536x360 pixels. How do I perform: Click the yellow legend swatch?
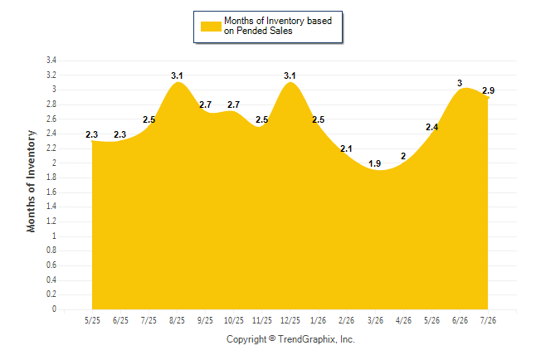211,27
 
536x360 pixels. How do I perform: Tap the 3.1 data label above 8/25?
177,75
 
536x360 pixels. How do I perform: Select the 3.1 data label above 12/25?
290,75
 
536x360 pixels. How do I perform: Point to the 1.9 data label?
375,163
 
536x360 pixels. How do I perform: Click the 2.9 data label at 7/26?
489,90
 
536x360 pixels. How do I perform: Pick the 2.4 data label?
432,127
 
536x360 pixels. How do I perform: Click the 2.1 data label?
346,148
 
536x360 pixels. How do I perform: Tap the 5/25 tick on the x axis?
92,320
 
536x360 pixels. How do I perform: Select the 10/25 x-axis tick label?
234,320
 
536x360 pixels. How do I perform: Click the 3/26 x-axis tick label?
375,320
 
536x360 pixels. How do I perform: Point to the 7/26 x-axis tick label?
488,320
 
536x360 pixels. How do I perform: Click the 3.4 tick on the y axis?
51,61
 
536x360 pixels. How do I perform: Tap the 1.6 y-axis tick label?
51,192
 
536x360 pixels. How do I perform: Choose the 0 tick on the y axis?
55,309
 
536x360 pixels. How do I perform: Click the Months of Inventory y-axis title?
31,181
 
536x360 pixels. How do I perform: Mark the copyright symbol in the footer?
272,338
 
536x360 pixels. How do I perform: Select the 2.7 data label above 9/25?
206,105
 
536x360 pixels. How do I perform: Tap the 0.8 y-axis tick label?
51,251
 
